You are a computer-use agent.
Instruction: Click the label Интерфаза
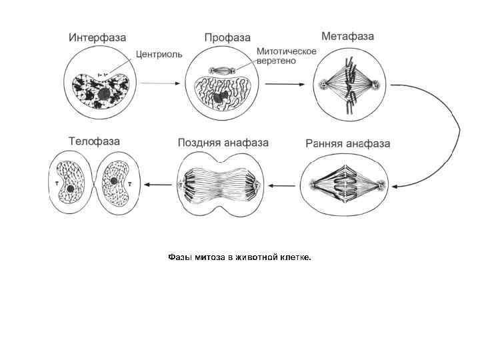click(x=97, y=37)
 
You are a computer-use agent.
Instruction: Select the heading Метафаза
click(x=347, y=35)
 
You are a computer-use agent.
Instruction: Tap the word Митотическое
click(x=286, y=51)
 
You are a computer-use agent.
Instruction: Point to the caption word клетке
click(x=295, y=257)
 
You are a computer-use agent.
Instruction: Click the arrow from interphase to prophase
click(x=160, y=83)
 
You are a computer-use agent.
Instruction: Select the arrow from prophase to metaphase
click(x=286, y=83)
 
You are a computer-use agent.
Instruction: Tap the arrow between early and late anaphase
click(x=281, y=184)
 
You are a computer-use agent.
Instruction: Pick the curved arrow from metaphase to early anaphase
click(x=453, y=133)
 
